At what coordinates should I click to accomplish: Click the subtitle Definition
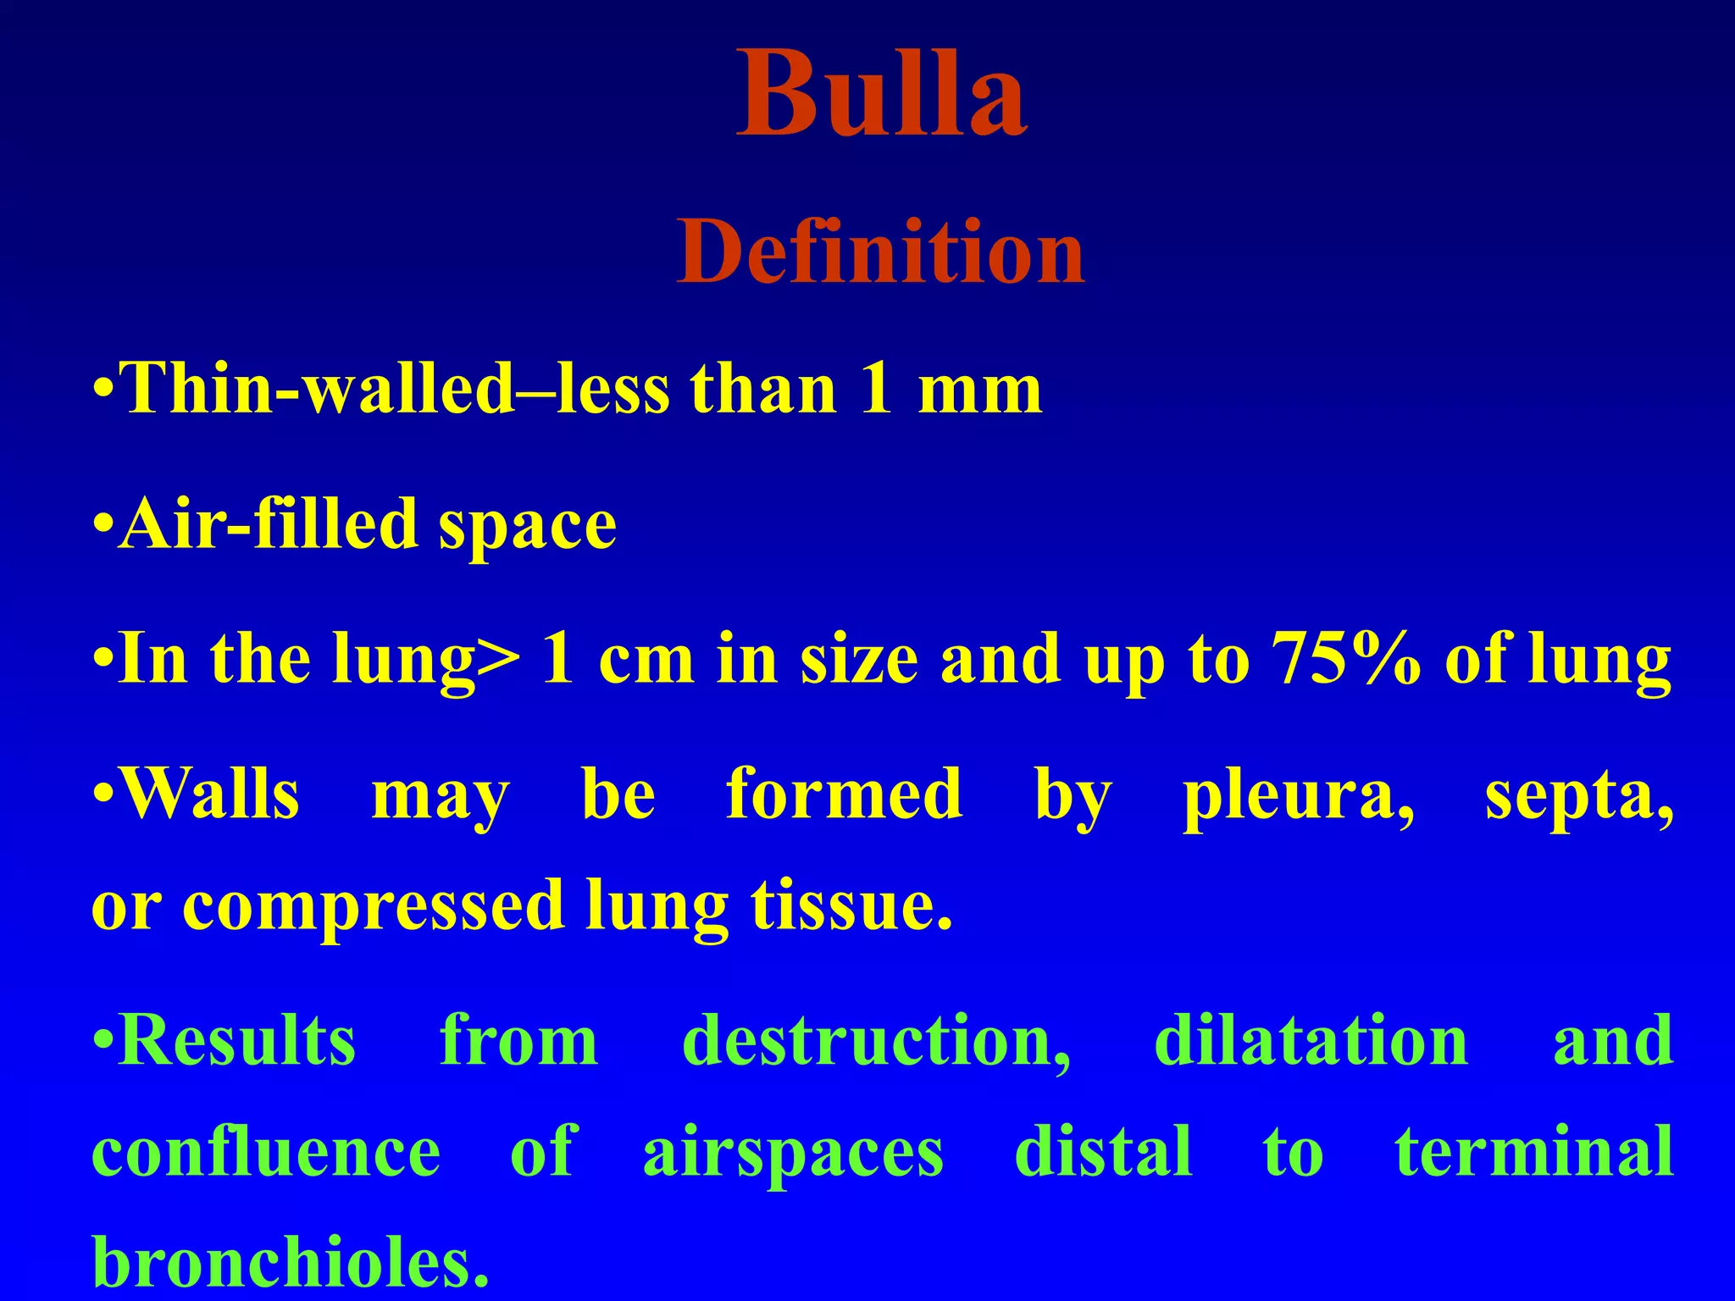[x=880, y=252]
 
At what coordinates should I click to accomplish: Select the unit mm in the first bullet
[x=980, y=391]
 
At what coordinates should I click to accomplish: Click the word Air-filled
[x=268, y=524]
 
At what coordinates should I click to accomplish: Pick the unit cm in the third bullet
[x=646, y=662]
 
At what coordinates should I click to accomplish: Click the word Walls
[x=211, y=794]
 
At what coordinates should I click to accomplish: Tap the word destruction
[x=876, y=1042]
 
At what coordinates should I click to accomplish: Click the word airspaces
[x=793, y=1154]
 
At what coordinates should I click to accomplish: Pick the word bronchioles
[x=290, y=1262]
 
